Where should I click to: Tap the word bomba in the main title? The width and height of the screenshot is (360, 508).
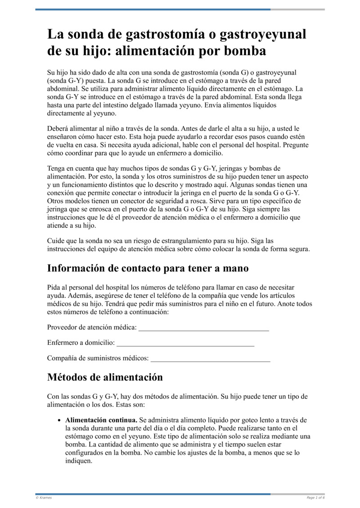(x=245, y=51)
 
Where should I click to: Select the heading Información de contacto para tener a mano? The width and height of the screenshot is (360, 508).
(x=148, y=268)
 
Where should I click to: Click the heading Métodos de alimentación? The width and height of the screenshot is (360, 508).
(x=105, y=377)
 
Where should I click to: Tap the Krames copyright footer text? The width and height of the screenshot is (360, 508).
(x=44, y=498)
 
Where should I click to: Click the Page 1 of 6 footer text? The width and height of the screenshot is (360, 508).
(x=315, y=498)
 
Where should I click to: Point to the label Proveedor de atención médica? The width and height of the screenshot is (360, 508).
(x=92, y=328)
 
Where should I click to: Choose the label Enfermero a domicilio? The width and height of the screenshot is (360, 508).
(x=81, y=343)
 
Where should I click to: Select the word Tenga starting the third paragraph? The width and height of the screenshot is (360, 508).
(x=56, y=168)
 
